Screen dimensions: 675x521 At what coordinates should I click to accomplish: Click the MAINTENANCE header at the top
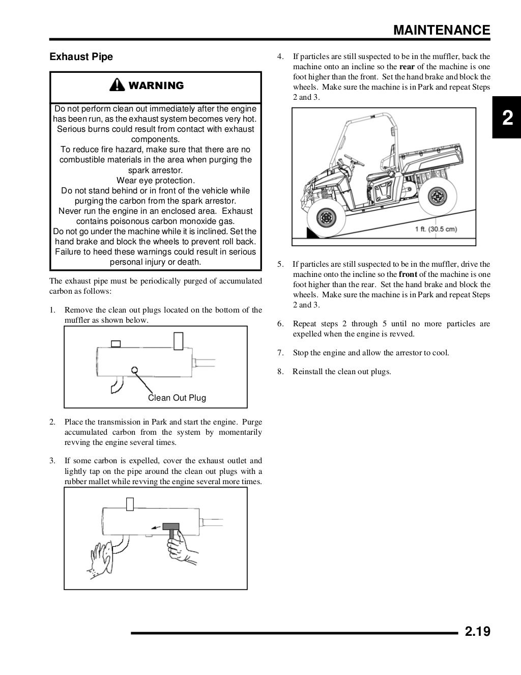point(442,30)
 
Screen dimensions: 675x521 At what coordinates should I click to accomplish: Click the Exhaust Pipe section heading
point(81,57)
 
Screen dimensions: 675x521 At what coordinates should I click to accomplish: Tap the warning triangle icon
point(118,85)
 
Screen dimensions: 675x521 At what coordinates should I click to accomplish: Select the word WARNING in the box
point(156,86)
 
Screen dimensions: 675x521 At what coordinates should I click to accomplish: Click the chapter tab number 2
point(507,118)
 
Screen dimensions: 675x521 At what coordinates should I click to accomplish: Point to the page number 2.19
point(477,632)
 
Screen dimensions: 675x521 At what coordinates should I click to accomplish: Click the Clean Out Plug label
point(177,398)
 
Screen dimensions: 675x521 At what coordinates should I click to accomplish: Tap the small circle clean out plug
point(135,370)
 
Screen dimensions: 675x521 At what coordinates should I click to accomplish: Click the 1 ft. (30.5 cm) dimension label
point(436,229)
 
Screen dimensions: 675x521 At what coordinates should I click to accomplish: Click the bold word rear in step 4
point(407,67)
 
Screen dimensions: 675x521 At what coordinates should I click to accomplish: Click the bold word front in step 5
point(408,274)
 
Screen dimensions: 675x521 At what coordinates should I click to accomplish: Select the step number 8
point(280,371)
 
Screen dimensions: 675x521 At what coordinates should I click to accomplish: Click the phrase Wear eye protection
point(155,180)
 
